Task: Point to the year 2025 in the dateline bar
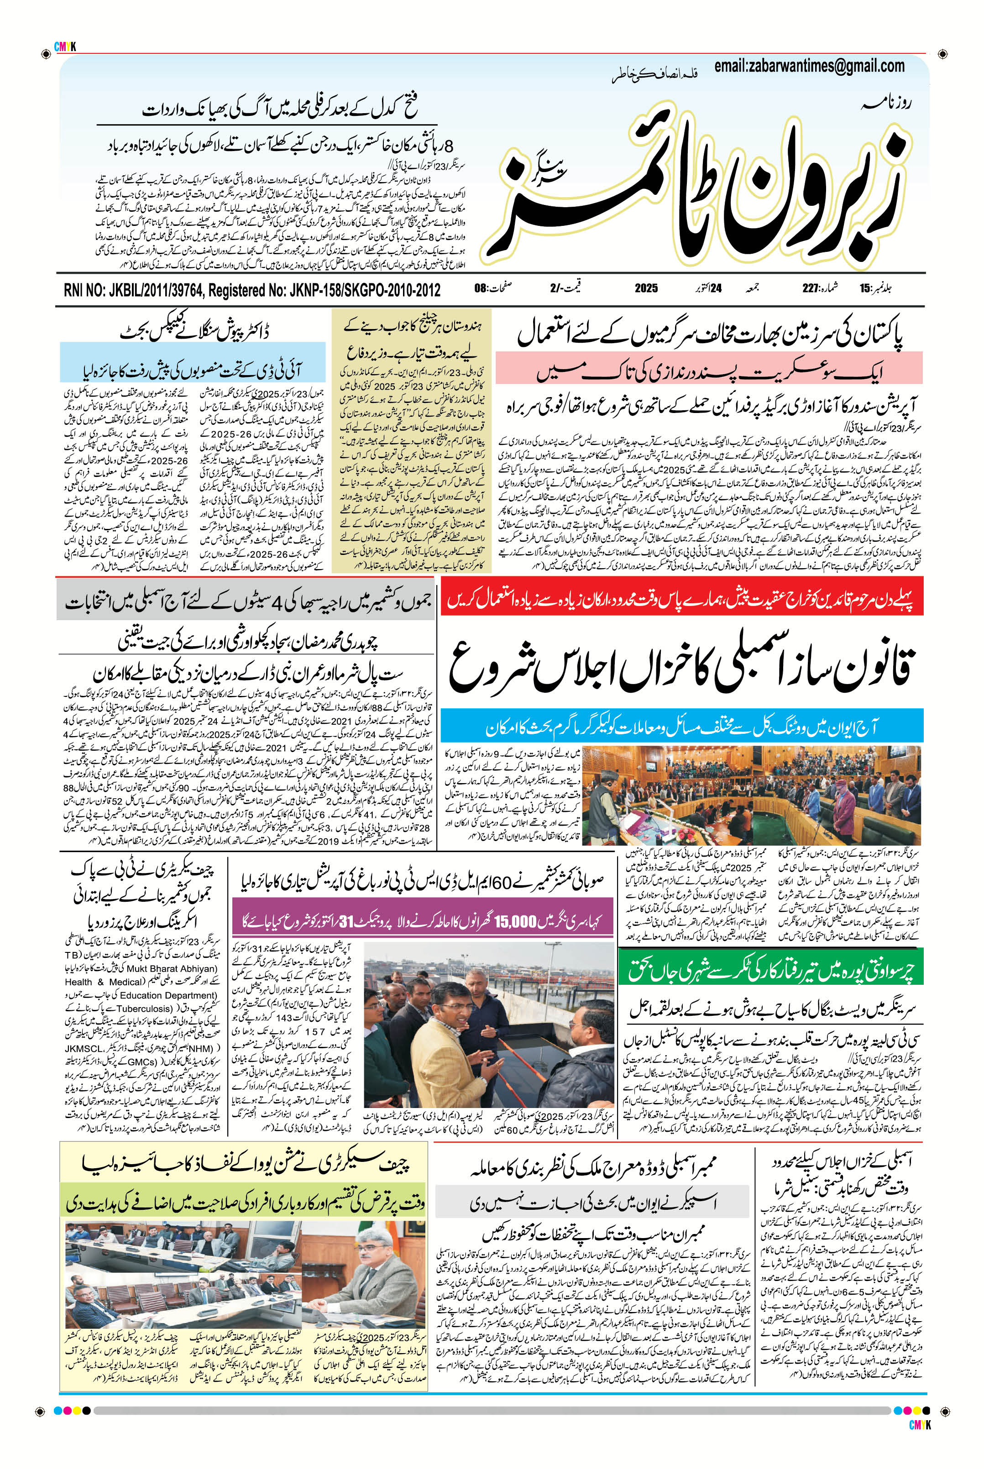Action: click(x=646, y=289)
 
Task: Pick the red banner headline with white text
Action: click(x=681, y=601)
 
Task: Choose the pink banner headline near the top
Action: click(x=709, y=368)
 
